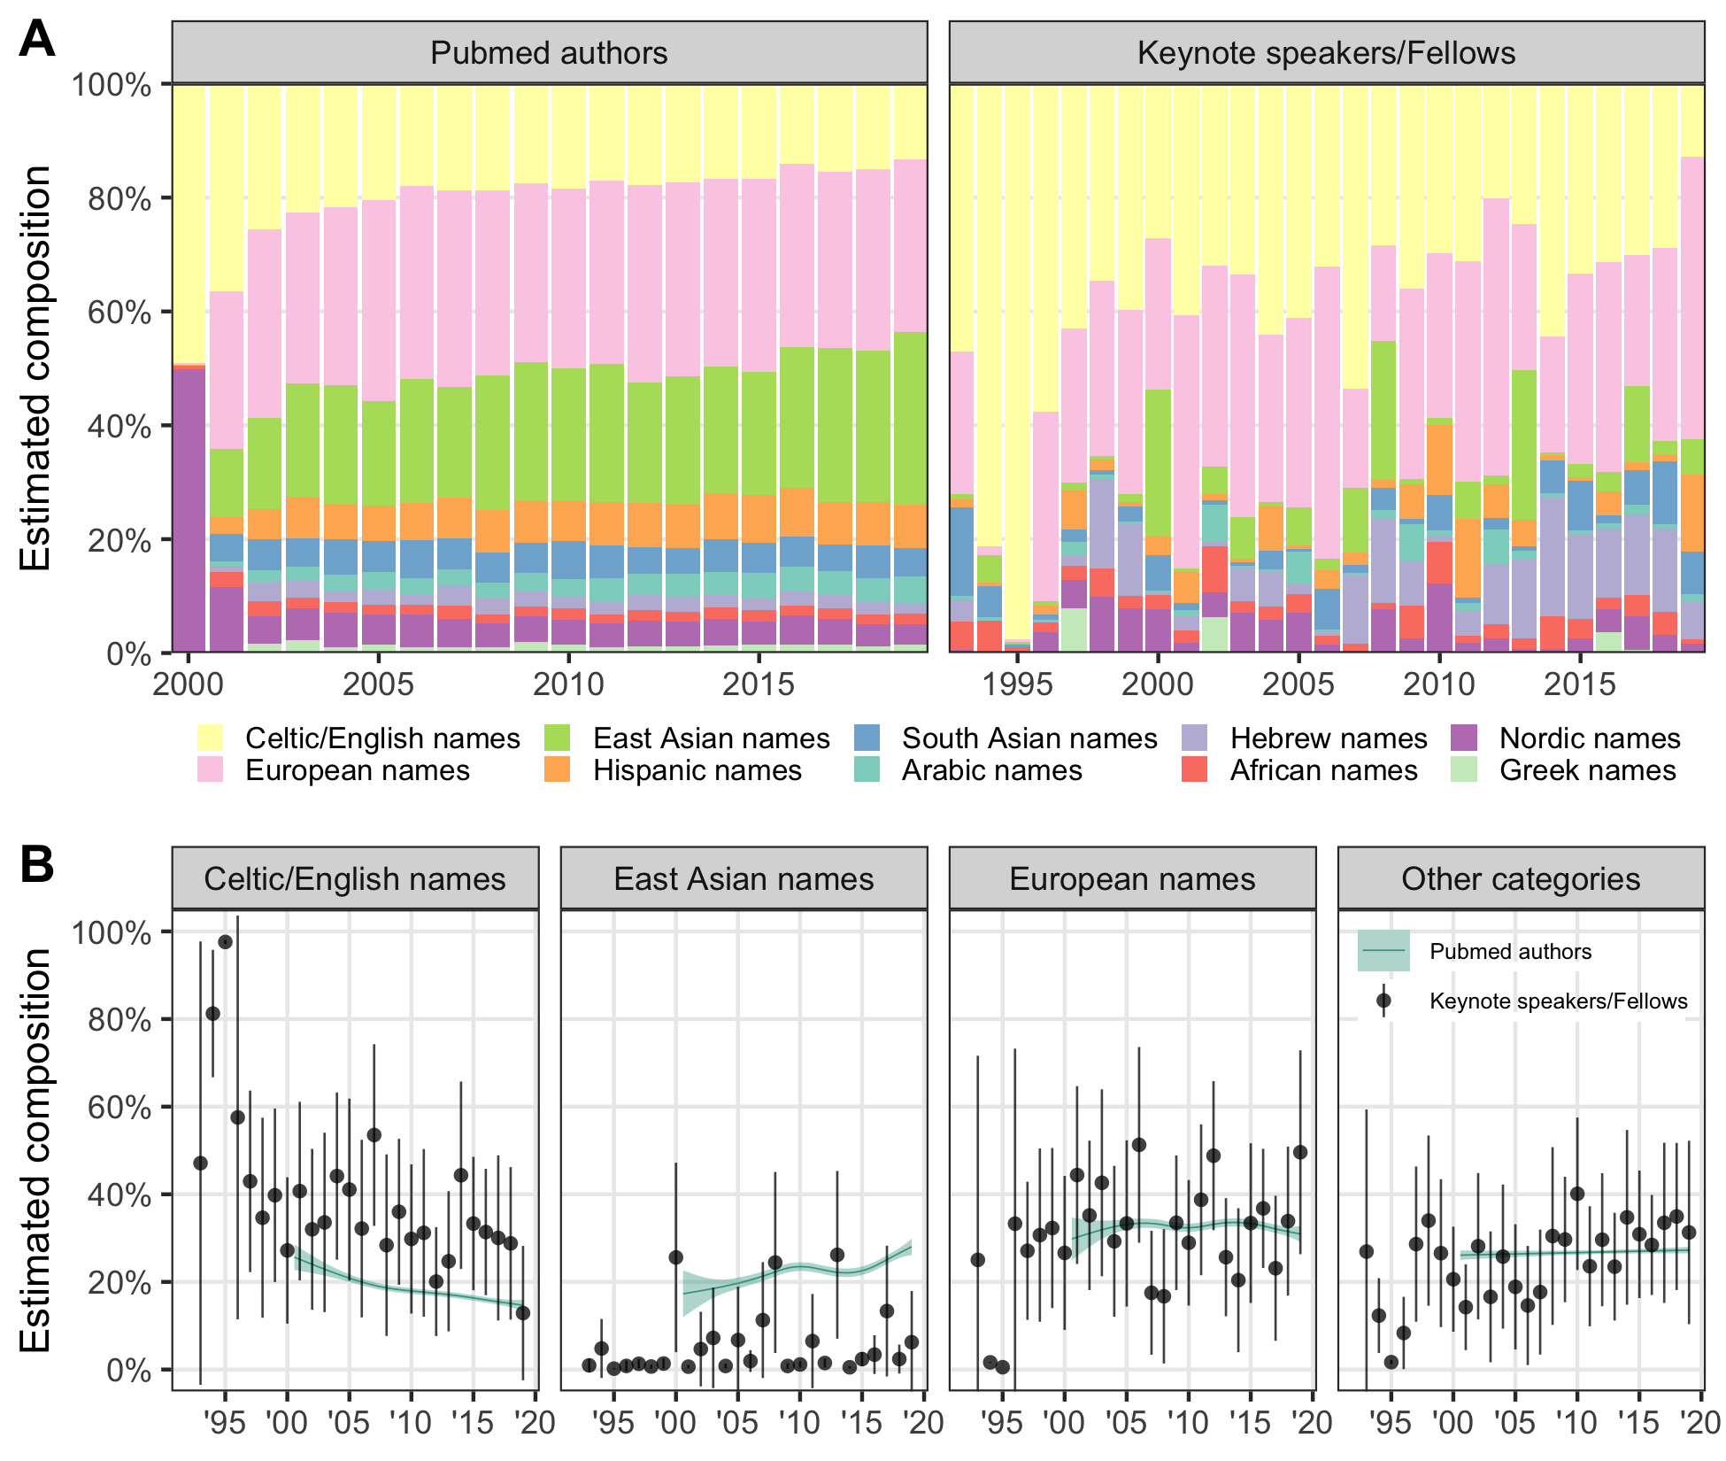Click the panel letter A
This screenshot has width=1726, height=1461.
36,39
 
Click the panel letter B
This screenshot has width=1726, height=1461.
36,865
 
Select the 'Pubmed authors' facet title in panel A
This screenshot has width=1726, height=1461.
549,53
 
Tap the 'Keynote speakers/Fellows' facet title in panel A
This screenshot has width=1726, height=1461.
1326,53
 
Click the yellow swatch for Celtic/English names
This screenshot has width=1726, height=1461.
211,738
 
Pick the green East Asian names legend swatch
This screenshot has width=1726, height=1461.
558,738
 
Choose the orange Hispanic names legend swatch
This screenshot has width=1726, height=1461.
558,769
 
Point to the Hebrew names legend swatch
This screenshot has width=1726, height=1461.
1195,738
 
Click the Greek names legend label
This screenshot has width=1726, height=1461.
1587,769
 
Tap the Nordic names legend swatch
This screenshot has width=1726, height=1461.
1465,738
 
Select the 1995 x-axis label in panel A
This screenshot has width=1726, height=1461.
1018,684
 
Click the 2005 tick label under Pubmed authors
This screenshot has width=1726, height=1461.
378,684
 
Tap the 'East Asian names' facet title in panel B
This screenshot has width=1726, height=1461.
744,879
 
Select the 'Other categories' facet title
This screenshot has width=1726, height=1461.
1521,879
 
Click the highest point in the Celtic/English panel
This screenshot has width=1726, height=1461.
225,941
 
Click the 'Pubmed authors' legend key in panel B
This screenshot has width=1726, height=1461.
1383,951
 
